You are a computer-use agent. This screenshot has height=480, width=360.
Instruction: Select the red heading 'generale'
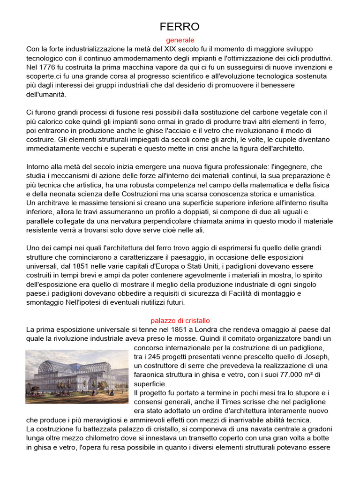[x=180, y=40]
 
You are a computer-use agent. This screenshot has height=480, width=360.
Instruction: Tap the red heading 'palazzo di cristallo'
[x=180, y=321]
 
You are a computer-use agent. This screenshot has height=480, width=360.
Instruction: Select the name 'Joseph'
[x=319, y=357]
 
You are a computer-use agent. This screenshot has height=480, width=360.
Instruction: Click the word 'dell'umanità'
[x=46, y=94]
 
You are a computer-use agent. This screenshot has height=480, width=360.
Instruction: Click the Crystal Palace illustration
[x=76, y=377]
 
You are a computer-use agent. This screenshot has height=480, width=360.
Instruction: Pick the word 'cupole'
[x=280, y=139]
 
